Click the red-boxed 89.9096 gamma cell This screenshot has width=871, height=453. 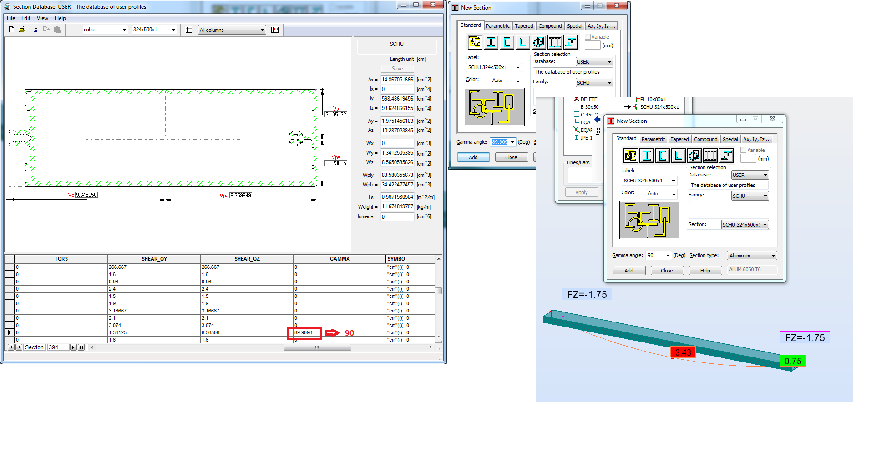(304, 333)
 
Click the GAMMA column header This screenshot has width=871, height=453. (339, 259)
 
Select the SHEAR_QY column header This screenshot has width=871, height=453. (154, 259)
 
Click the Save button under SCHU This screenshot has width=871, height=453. (397, 69)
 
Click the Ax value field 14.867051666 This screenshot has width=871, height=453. (397, 80)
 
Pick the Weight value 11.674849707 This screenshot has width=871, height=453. (397, 206)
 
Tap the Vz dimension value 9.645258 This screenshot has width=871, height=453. (86, 195)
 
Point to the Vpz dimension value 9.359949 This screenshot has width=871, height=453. (241, 196)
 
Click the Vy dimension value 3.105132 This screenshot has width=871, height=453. (336, 115)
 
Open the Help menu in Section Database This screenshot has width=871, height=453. (60, 18)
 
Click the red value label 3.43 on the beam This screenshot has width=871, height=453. (683, 352)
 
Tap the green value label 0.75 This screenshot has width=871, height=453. (793, 361)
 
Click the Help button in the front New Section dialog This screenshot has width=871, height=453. (705, 271)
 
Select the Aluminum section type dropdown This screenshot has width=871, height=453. (752, 256)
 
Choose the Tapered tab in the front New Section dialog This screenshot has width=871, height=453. (679, 139)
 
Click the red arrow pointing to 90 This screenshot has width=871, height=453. (332, 333)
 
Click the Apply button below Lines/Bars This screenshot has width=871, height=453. (581, 192)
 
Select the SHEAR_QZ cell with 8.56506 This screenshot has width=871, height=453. (246, 333)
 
